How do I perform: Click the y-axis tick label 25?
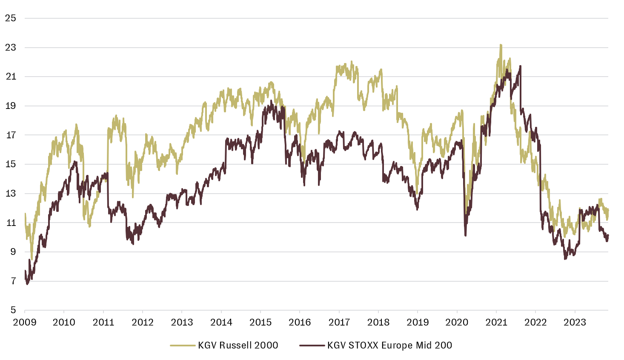[x=11, y=18]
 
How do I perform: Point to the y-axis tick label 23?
[x=11, y=48]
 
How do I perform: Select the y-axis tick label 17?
[x=11, y=135]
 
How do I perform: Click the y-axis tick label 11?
[x=11, y=223]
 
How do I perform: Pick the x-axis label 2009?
[x=25, y=322]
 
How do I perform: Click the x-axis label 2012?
[x=143, y=322]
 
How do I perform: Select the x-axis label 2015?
[x=260, y=322]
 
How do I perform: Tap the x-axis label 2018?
[x=378, y=322]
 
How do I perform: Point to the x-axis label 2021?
[x=496, y=322]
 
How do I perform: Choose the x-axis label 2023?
[x=575, y=322]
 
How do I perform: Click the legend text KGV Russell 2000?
[x=238, y=345]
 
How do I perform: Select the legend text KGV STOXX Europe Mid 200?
[x=389, y=345]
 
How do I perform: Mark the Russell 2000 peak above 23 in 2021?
[x=501, y=45]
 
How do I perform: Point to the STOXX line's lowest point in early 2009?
[x=27, y=284]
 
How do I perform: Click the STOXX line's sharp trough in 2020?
[x=466, y=235]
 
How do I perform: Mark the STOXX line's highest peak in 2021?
[x=520, y=66]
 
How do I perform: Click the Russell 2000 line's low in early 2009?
[x=32, y=259]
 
